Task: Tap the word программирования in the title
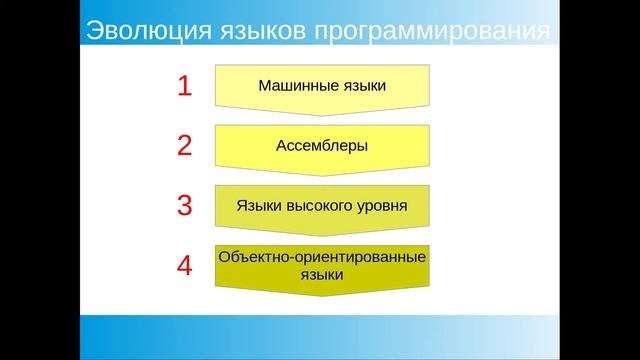[x=431, y=31]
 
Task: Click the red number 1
[x=184, y=86]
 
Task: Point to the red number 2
[x=184, y=146]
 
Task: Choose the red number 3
[x=184, y=206]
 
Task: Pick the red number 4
[x=184, y=266]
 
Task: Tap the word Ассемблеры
[x=322, y=146]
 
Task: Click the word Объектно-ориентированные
[x=322, y=257]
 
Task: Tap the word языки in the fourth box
[x=322, y=274]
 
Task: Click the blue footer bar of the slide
[x=320, y=337]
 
